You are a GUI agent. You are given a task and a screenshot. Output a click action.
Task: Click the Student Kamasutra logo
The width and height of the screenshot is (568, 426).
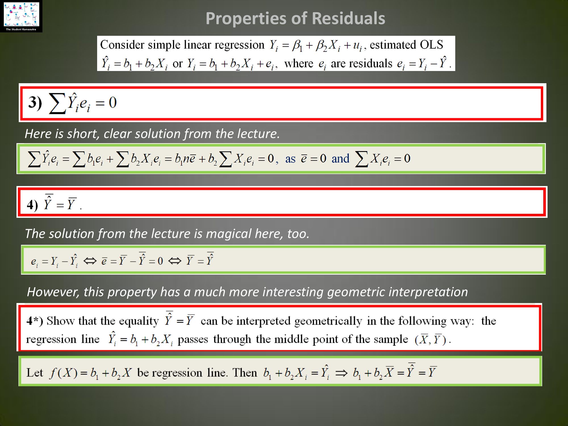pos(21,16)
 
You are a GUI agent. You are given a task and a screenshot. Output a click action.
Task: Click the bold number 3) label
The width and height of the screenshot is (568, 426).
pos(35,103)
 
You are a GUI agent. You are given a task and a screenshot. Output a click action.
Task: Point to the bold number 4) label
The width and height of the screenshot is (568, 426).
pos(32,204)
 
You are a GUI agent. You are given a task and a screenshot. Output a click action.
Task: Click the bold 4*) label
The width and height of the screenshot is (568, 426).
pos(35,321)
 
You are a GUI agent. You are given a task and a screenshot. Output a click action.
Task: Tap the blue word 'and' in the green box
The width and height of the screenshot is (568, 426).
pos(340,158)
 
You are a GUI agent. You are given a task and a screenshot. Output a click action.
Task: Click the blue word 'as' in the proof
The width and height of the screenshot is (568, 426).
pos(290,159)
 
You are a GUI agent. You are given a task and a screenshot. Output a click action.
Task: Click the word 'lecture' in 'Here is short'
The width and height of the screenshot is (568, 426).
pos(258,133)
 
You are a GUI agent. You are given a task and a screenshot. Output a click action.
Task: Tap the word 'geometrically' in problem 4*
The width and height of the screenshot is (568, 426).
pos(328,321)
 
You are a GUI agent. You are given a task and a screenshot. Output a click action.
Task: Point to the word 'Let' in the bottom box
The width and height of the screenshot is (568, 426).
pos(34,373)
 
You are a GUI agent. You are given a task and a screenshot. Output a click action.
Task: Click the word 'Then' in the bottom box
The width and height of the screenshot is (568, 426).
pos(245,373)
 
